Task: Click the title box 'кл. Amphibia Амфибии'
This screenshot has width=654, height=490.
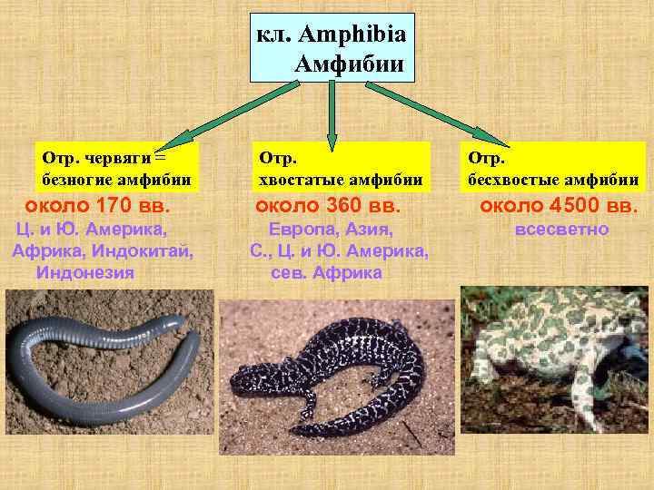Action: [x=332, y=47]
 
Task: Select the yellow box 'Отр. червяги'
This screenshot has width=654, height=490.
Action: [x=116, y=167]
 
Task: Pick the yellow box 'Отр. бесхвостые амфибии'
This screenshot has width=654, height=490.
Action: [x=553, y=167]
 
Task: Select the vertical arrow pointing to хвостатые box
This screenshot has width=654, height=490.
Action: [x=332, y=113]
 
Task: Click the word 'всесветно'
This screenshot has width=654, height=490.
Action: [x=561, y=230]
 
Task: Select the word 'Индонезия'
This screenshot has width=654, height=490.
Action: [x=85, y=272]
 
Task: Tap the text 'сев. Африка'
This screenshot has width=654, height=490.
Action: [x=326, y=272]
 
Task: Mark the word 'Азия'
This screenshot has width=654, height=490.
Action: [x=367, y=230]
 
